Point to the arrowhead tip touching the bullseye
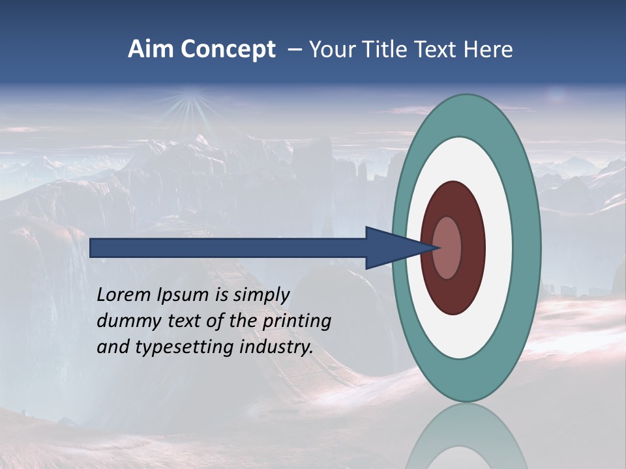pyautogui.click(x=438, y=248)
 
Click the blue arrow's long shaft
pyautogui.click(x=228, y=248)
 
